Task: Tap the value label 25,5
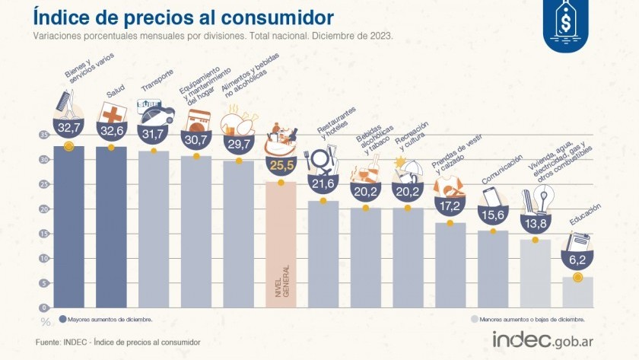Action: coord(281,165)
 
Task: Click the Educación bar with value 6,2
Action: coord(577,292)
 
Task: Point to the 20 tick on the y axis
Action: coord(43,209)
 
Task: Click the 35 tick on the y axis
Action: coord(43,135)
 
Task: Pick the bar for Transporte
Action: coord(154,229)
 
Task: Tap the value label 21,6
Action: coord(323,183)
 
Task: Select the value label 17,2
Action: coord(450,206)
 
